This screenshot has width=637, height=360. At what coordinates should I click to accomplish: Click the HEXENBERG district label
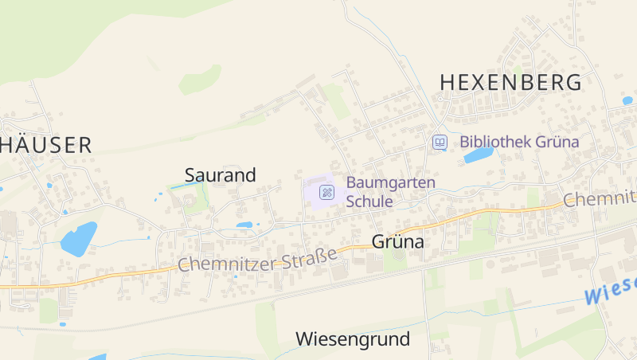[x=510, y=82]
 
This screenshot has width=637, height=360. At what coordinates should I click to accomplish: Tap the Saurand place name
[x=220, y=175]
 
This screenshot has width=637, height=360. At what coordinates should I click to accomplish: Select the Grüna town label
[x=397, y=242]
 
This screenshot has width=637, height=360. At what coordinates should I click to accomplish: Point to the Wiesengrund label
[x=353, y=339]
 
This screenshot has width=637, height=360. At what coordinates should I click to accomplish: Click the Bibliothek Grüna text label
[x=519, y=143]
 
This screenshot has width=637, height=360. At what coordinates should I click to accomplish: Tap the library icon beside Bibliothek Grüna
[x=440, y=143]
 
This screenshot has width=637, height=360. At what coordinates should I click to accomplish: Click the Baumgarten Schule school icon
[x=326, y=192]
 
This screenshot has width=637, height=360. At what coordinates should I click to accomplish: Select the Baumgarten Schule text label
[x=390, y=192]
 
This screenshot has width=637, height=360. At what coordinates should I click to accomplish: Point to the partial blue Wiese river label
[x=612, y=291]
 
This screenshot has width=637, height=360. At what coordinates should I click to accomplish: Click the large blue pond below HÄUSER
[x=78, y=237]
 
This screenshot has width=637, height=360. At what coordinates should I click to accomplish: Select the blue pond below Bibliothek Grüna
[x=479, y=155]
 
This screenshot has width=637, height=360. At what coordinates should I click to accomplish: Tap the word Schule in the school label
[x=369, y=202]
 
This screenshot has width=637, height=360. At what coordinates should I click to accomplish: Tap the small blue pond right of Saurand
[x=244, y=225]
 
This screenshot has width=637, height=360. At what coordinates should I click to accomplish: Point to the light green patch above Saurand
[x=200, y=79]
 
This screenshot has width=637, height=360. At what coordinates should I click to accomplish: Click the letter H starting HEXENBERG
[x=447, y=82]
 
